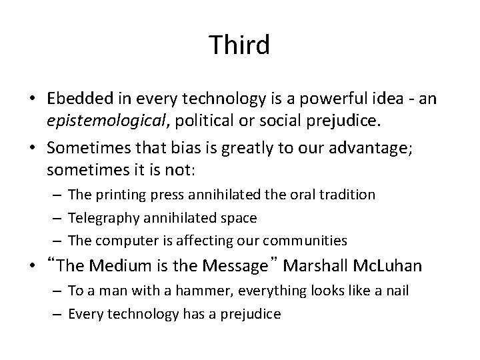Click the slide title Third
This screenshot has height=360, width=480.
239,45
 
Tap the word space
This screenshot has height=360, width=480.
238,218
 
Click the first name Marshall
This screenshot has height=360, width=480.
313,266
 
